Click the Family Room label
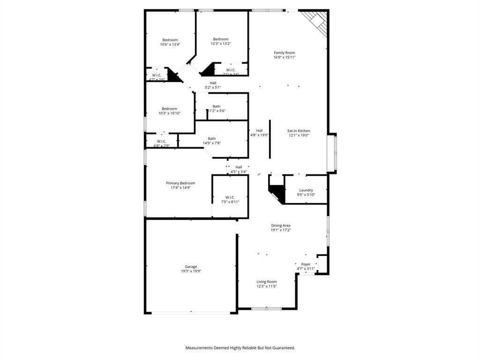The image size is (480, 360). [284, 52]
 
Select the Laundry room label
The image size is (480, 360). [306, 190]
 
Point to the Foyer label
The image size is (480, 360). [306, 264]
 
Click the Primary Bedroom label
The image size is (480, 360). [180, 183]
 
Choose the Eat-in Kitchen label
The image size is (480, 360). [299, 131]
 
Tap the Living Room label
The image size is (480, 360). [266, 282]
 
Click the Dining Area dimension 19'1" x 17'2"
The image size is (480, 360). [280, 230]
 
